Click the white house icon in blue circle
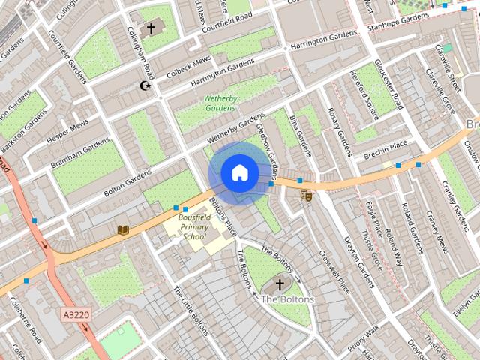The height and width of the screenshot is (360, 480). pyautogui.click(x=238, y=173)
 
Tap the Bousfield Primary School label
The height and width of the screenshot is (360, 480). pyautogui.click(x=193, y=227)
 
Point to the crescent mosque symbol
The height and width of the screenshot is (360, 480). pyautogui.click(x=146, y=86)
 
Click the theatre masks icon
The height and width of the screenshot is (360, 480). pyautogui.click(x=306, y=196)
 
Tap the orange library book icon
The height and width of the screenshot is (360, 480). pyautogui.click(x=123, y=229)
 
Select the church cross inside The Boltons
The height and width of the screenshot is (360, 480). pyautogui.click(x=280, y=284)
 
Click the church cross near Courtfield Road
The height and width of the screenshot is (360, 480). pyautogui.click(x=151, y=28)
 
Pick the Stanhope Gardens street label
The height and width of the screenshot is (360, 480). pyautogui.click(x=397, y=22)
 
